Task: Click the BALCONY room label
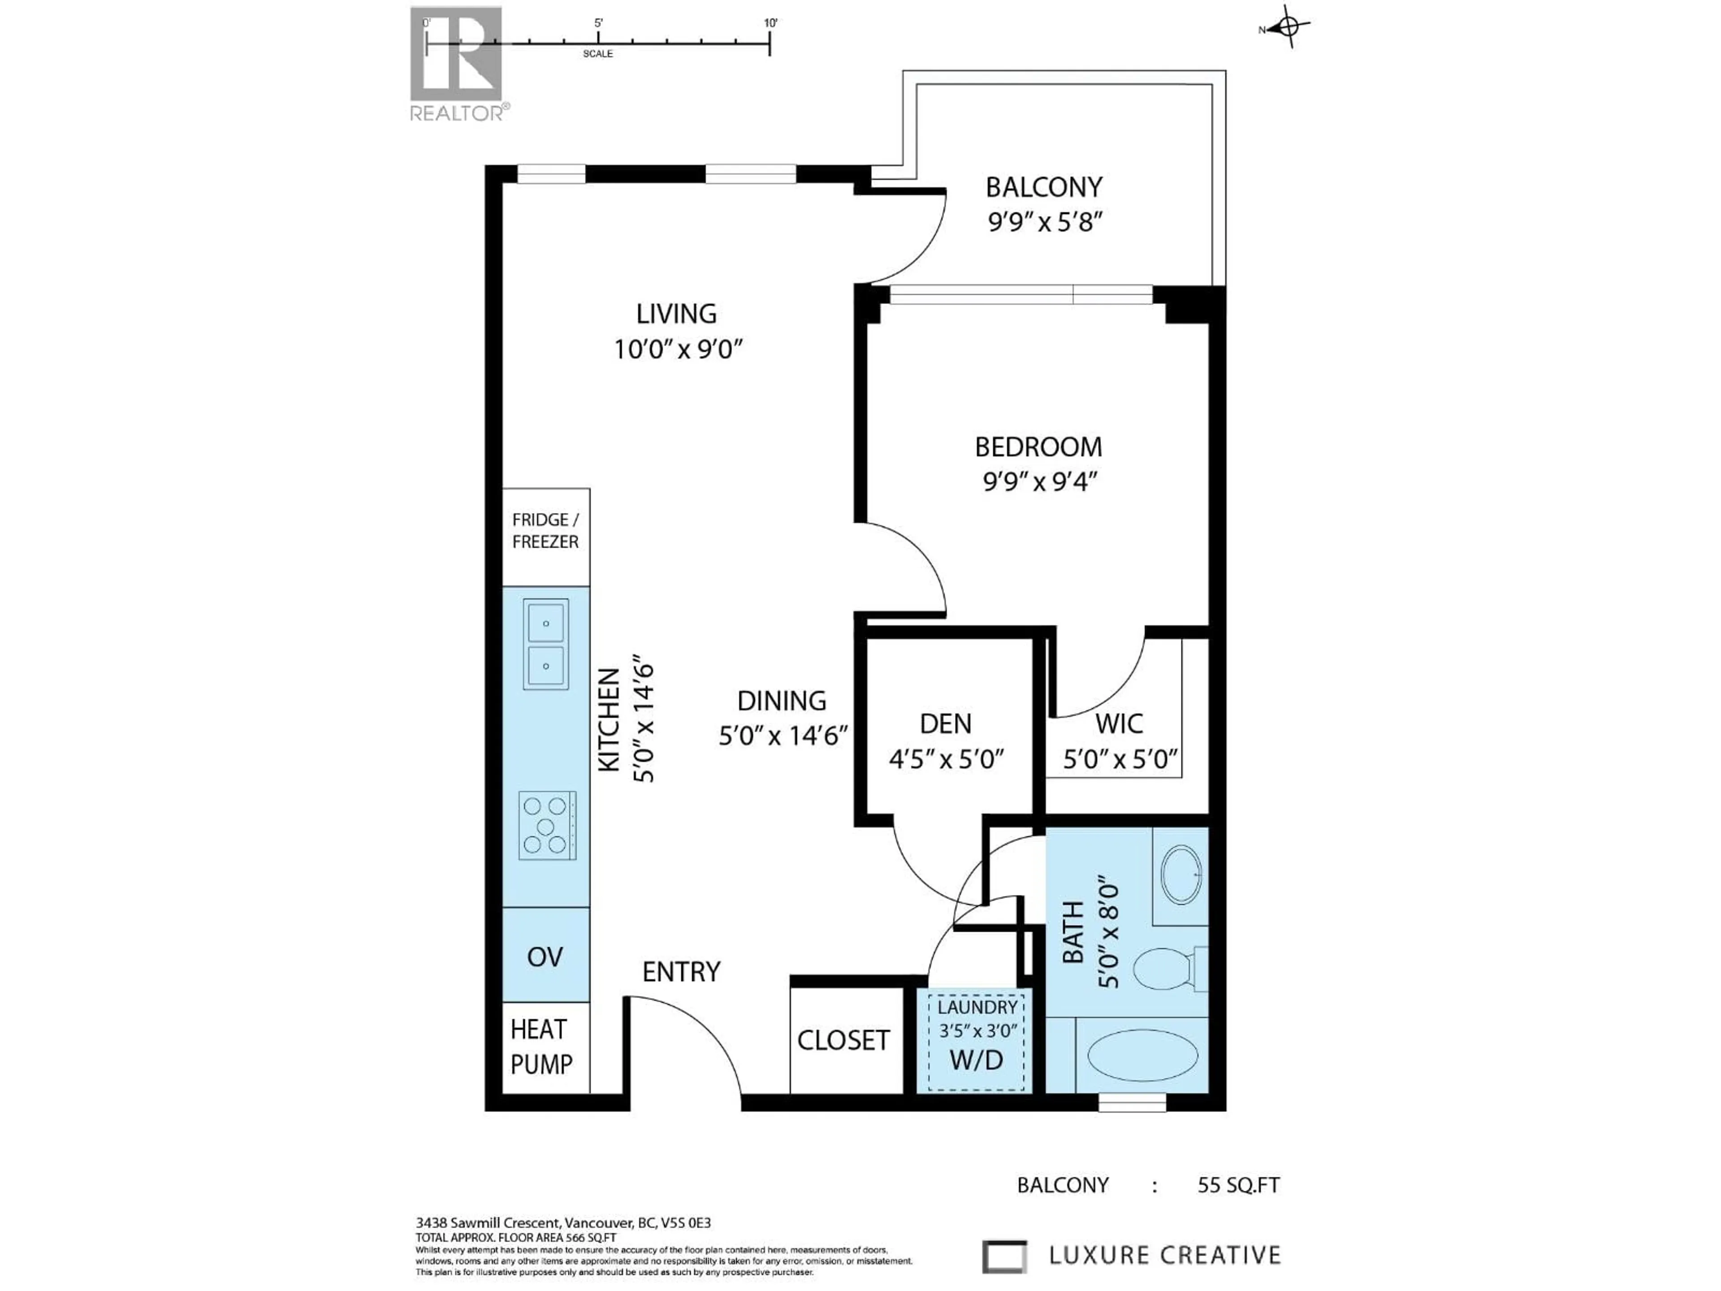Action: [1043, 187]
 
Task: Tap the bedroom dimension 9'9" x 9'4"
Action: [1039, 482]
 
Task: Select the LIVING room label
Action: [676, 314]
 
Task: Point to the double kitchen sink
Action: [545, 644]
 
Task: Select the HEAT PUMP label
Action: [541, 1047]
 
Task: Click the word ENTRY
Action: [681, 972]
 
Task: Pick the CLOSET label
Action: [843, 1040]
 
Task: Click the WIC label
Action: [1119, 723]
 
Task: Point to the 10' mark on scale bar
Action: [770, 23]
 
